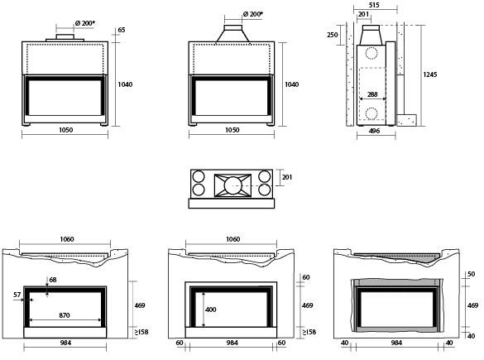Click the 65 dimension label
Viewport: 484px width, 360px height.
pyautogui.click(x=122, y=30)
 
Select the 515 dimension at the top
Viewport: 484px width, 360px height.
pyautogui.click(x=374, y=5)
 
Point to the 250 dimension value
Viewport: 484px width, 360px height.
pyautogui.click(x=332, y=35)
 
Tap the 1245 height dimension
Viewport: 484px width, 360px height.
pyautogui.click(x=430, y=74)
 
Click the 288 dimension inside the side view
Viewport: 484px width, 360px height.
pyautogui.click(x=372, y=94)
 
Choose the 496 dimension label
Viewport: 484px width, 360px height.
pyautogui.click(x=374, y=131)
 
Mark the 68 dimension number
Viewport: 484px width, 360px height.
pyautogui.click(x=53, y=280)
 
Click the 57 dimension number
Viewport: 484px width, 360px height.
pyautogui.click(x=17, y=295)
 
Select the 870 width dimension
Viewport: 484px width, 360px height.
pyautogui.click(x=65, y=315)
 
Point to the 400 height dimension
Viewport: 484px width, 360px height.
pyautogui.click(x=210, y=310)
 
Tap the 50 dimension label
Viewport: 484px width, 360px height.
pyautogui.click(x=472, y=274)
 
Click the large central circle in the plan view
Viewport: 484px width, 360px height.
pyautogui.click(x=232, y=185)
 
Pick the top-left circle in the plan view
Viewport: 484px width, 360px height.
pyautogui.click(x=199, y=177)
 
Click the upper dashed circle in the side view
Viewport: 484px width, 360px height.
pyautogui.click(x=371, y=53)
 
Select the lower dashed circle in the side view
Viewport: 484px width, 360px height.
pyautogui.click(x=371, y=113)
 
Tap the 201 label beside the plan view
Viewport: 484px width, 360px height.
pyautogui.click(x=287, y=177)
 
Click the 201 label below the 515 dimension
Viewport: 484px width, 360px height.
pyautogui.click(x=363, y=14)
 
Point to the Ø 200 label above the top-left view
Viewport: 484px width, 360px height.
pyautogui.click(x=85, y=23)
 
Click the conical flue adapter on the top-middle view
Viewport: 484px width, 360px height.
pyautogui.click(x=232, y=34)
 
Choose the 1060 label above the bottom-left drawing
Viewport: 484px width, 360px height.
pyautogui.click(x=67, y=239)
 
